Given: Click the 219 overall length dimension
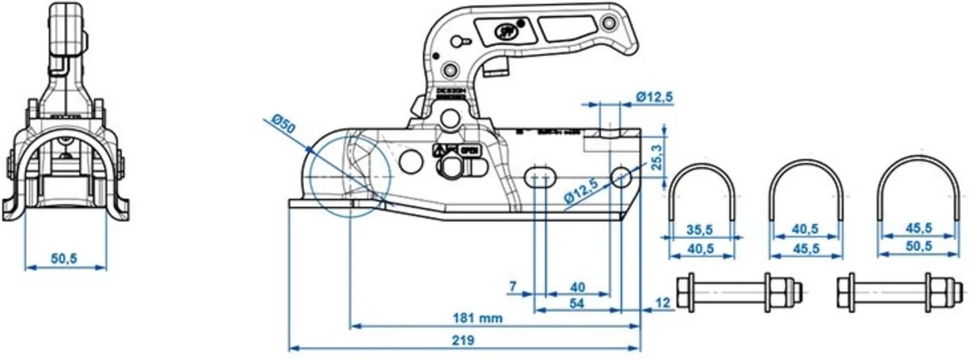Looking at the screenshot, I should [x=463, y=340].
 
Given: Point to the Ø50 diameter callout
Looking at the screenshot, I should [x=283, y=124].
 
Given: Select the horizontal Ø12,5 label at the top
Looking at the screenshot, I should [x=654, y=97].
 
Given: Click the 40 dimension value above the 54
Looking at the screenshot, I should [x=578, y=287].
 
